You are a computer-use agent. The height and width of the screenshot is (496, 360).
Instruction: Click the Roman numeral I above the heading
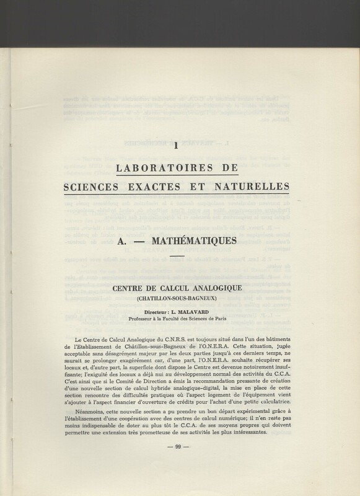[x=177, y=146]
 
